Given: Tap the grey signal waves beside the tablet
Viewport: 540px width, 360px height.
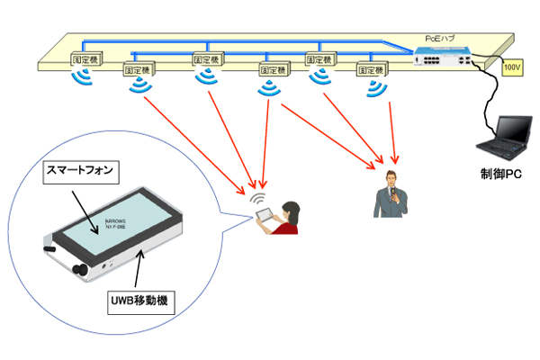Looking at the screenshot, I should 256,200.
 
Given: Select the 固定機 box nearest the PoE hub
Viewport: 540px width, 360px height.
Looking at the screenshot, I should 371,67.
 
